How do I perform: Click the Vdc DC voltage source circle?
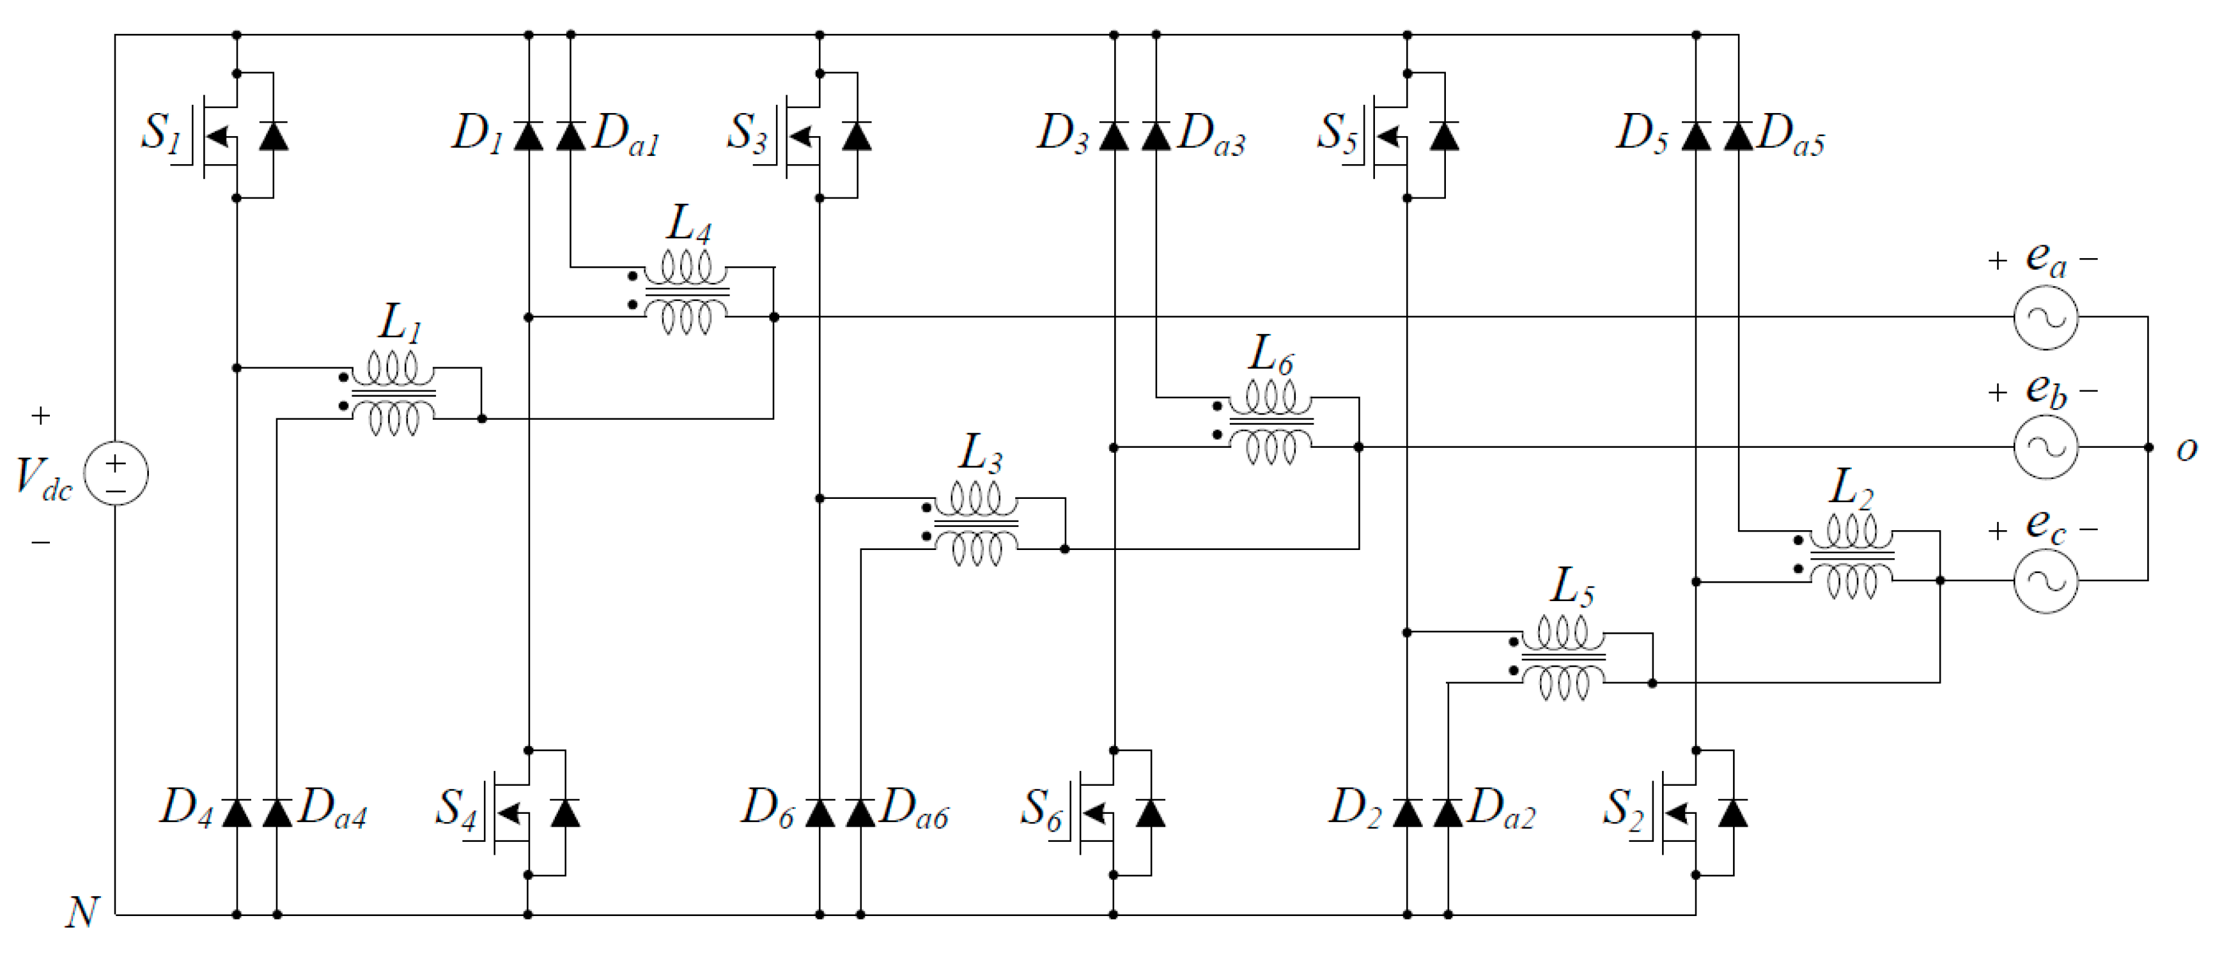click(x=116, y=473)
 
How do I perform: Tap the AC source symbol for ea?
click(x=2046, y=317)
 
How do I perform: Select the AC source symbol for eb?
click(x=2046, y=447)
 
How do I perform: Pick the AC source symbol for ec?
click(x=2046, y=581)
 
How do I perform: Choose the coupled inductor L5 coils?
click(x=1563, y=658)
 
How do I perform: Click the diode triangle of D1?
click(x=529, y=135)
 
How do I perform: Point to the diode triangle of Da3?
click(x=1156, y=135)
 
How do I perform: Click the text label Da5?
click(x=1791, y=135)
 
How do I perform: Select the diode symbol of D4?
click(x=237, y=811)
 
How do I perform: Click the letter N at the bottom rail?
click(x=82, y=913)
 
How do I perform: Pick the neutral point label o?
click(x=2186, y=449)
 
